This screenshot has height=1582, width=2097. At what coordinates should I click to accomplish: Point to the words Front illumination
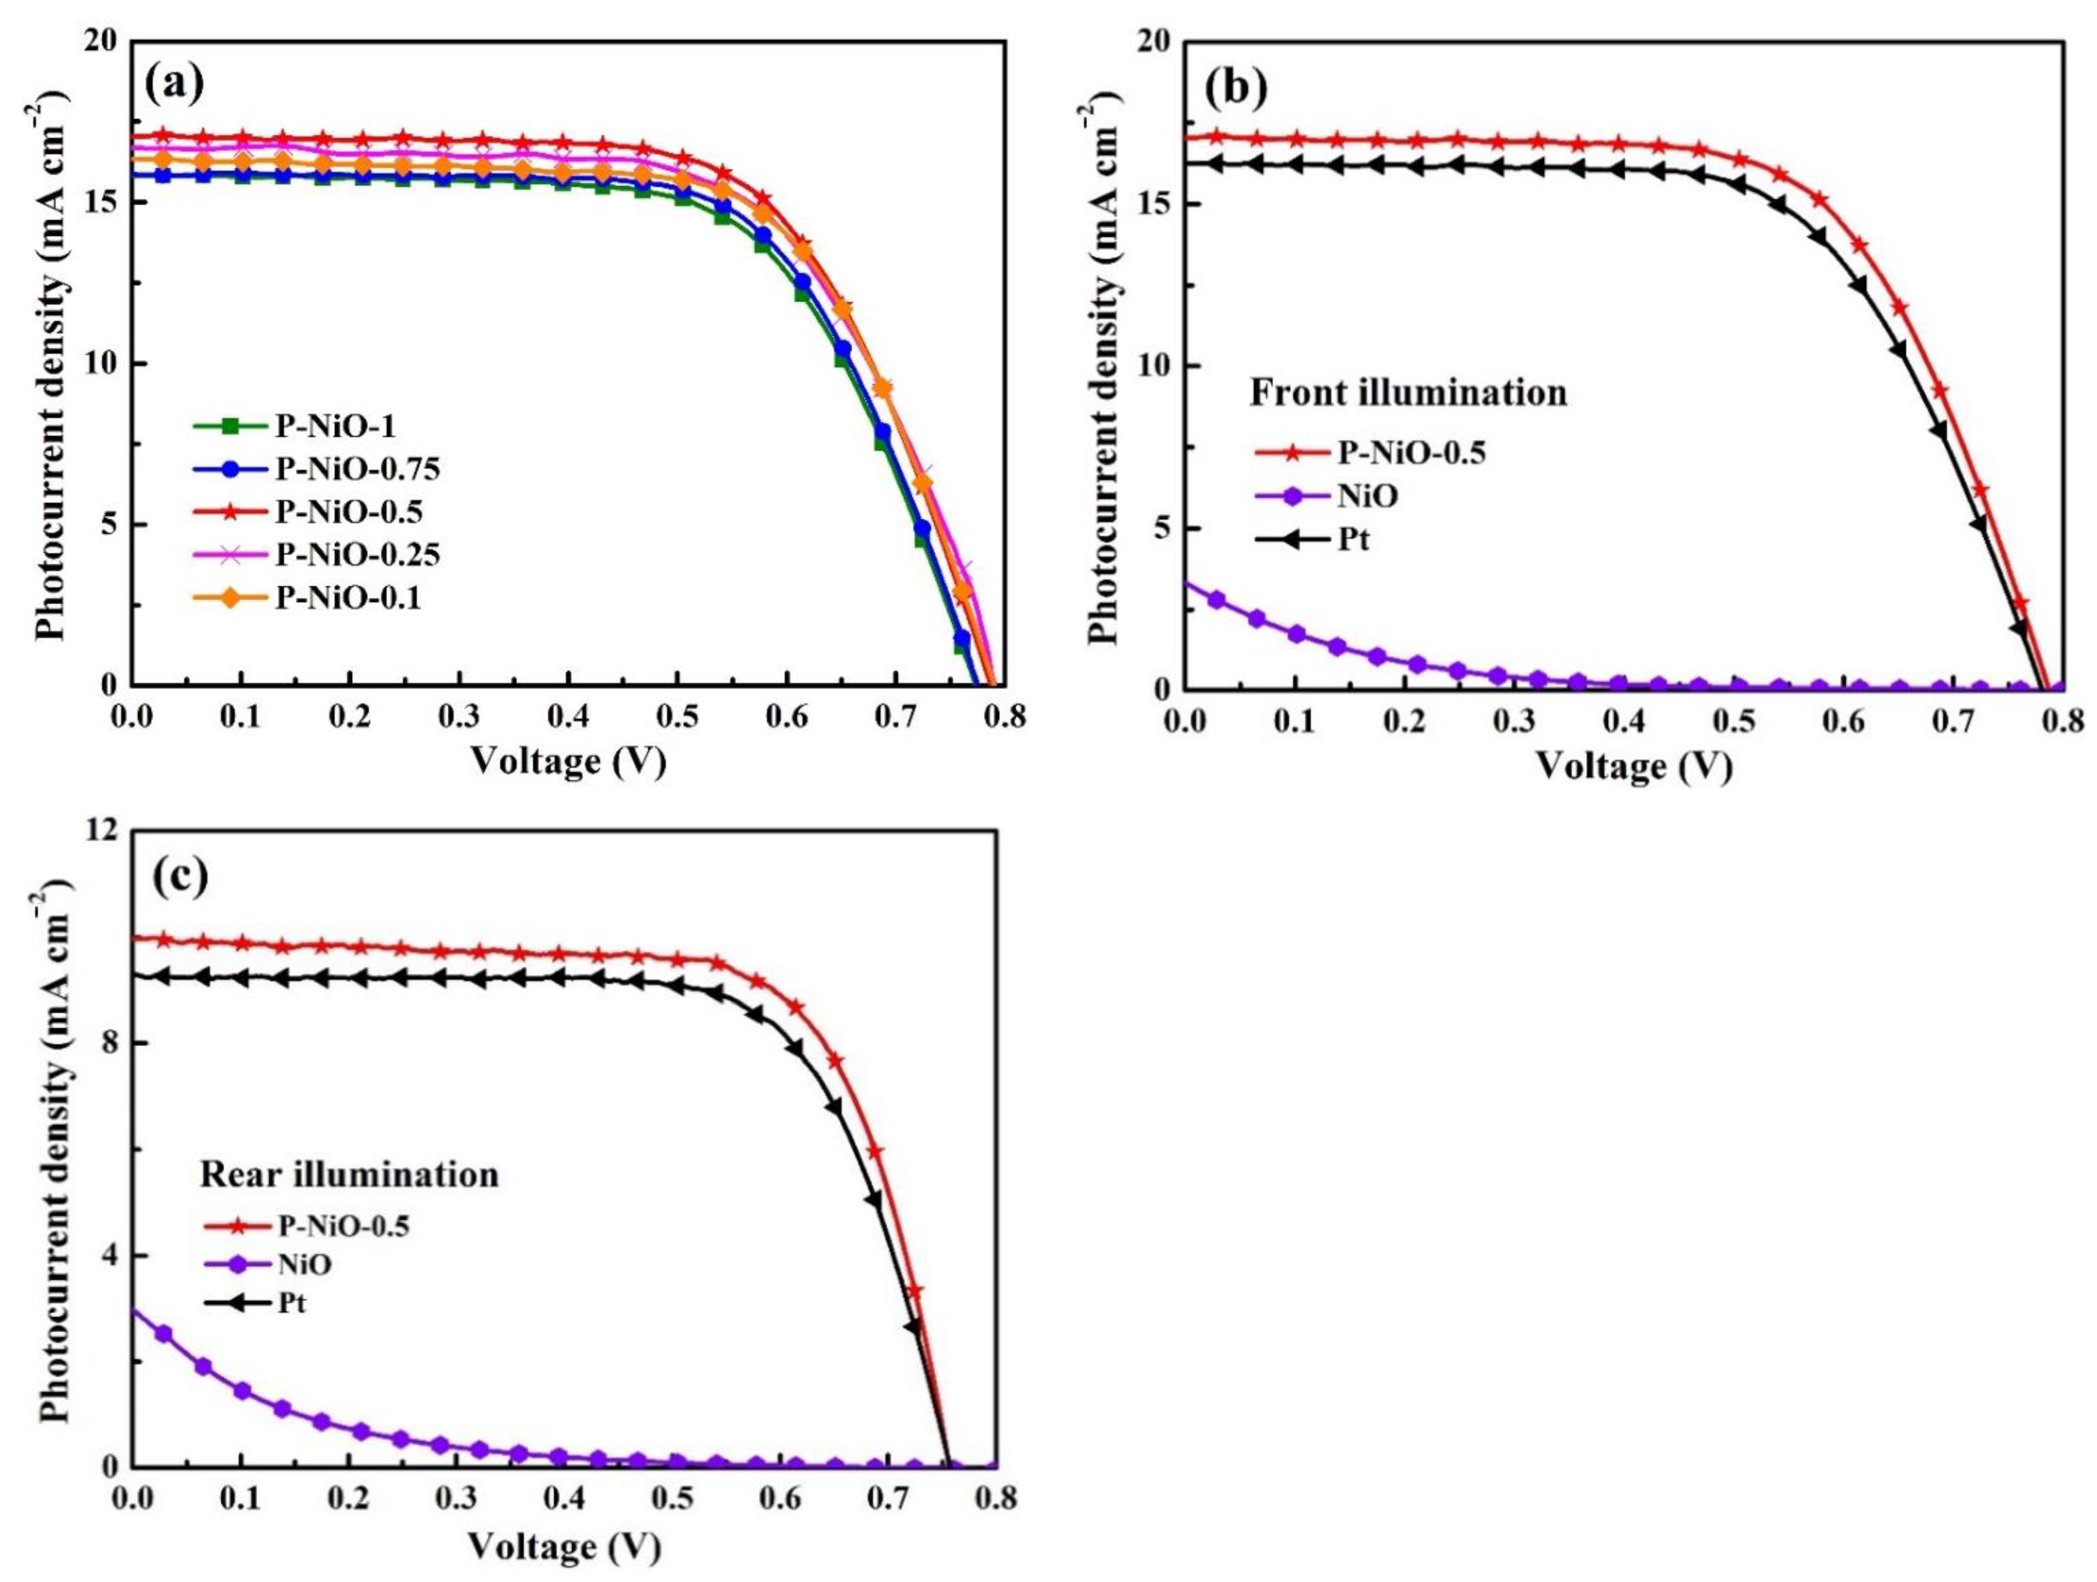[x=1408, y=392]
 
